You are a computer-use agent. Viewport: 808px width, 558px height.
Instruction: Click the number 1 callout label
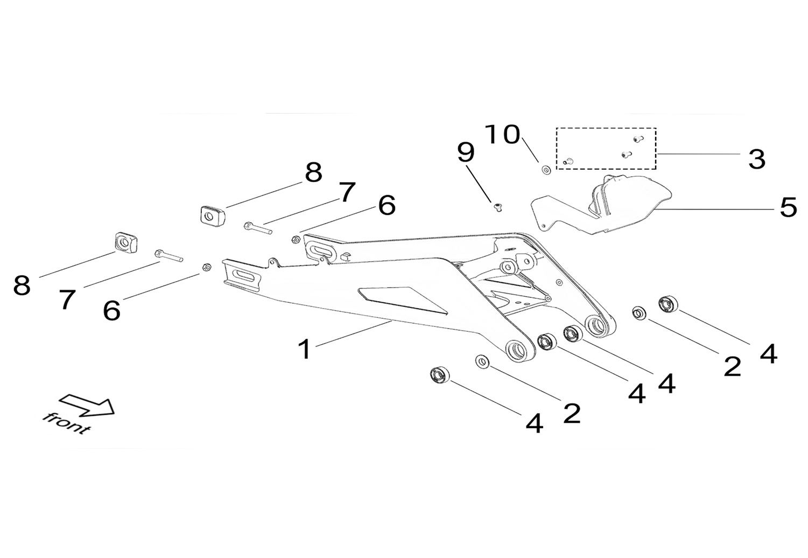point(305,350)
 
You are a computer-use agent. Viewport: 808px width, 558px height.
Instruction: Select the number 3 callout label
point(756,159)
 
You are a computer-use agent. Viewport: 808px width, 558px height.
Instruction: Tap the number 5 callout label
point(788,207)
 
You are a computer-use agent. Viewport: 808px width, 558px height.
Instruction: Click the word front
point(66,423)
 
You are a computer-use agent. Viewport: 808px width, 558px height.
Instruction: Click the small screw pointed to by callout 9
point(498,207)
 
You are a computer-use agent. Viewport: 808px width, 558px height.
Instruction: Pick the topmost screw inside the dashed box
point(638,138)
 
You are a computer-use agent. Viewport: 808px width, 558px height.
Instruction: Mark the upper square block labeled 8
point(213,216)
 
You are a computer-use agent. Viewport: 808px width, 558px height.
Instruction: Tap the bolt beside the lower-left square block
point(169,255)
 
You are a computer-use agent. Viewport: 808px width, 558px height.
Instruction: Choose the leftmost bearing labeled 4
point(440,375)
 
